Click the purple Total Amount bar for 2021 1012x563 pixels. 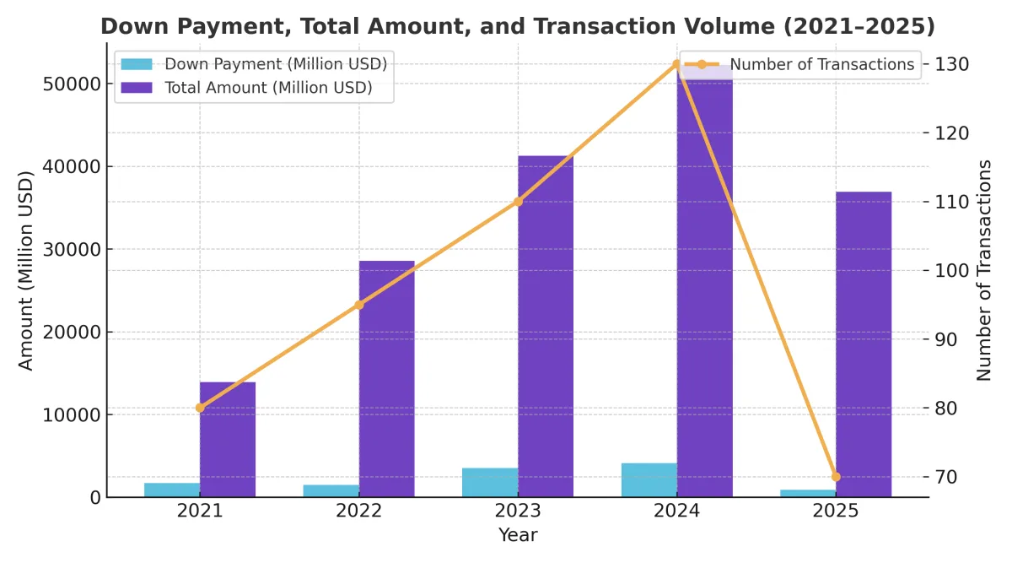228,439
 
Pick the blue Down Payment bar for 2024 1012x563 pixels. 649,479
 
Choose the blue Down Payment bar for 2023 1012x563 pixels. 490,482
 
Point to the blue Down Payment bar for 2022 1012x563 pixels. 331,490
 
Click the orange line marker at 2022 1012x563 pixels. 359,305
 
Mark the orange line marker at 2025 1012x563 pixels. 836,477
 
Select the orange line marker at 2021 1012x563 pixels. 200,408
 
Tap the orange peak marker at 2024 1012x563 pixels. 676,64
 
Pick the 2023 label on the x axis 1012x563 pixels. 518,511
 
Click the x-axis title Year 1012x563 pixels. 518,535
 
